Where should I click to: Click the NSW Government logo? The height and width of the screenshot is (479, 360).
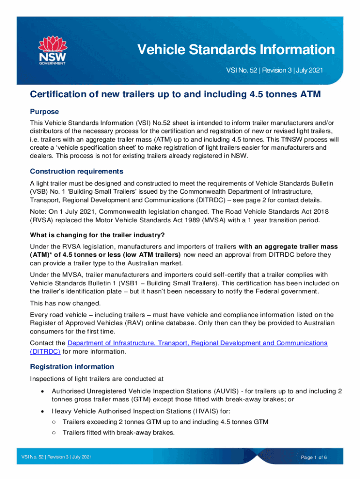point(51,51)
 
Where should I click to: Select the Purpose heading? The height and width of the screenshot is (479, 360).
point(44,112)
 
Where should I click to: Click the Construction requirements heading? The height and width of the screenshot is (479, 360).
point(77,171)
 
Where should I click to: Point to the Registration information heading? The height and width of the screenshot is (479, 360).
point(72,366)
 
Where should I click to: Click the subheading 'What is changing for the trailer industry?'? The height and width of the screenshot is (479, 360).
point(97,234)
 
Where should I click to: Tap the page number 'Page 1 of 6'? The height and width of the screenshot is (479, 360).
point(314,457)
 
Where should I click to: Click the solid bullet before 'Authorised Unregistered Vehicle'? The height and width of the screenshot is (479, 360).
point(43,391)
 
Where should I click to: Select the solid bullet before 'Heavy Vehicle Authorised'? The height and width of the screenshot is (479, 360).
point(43,411)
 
